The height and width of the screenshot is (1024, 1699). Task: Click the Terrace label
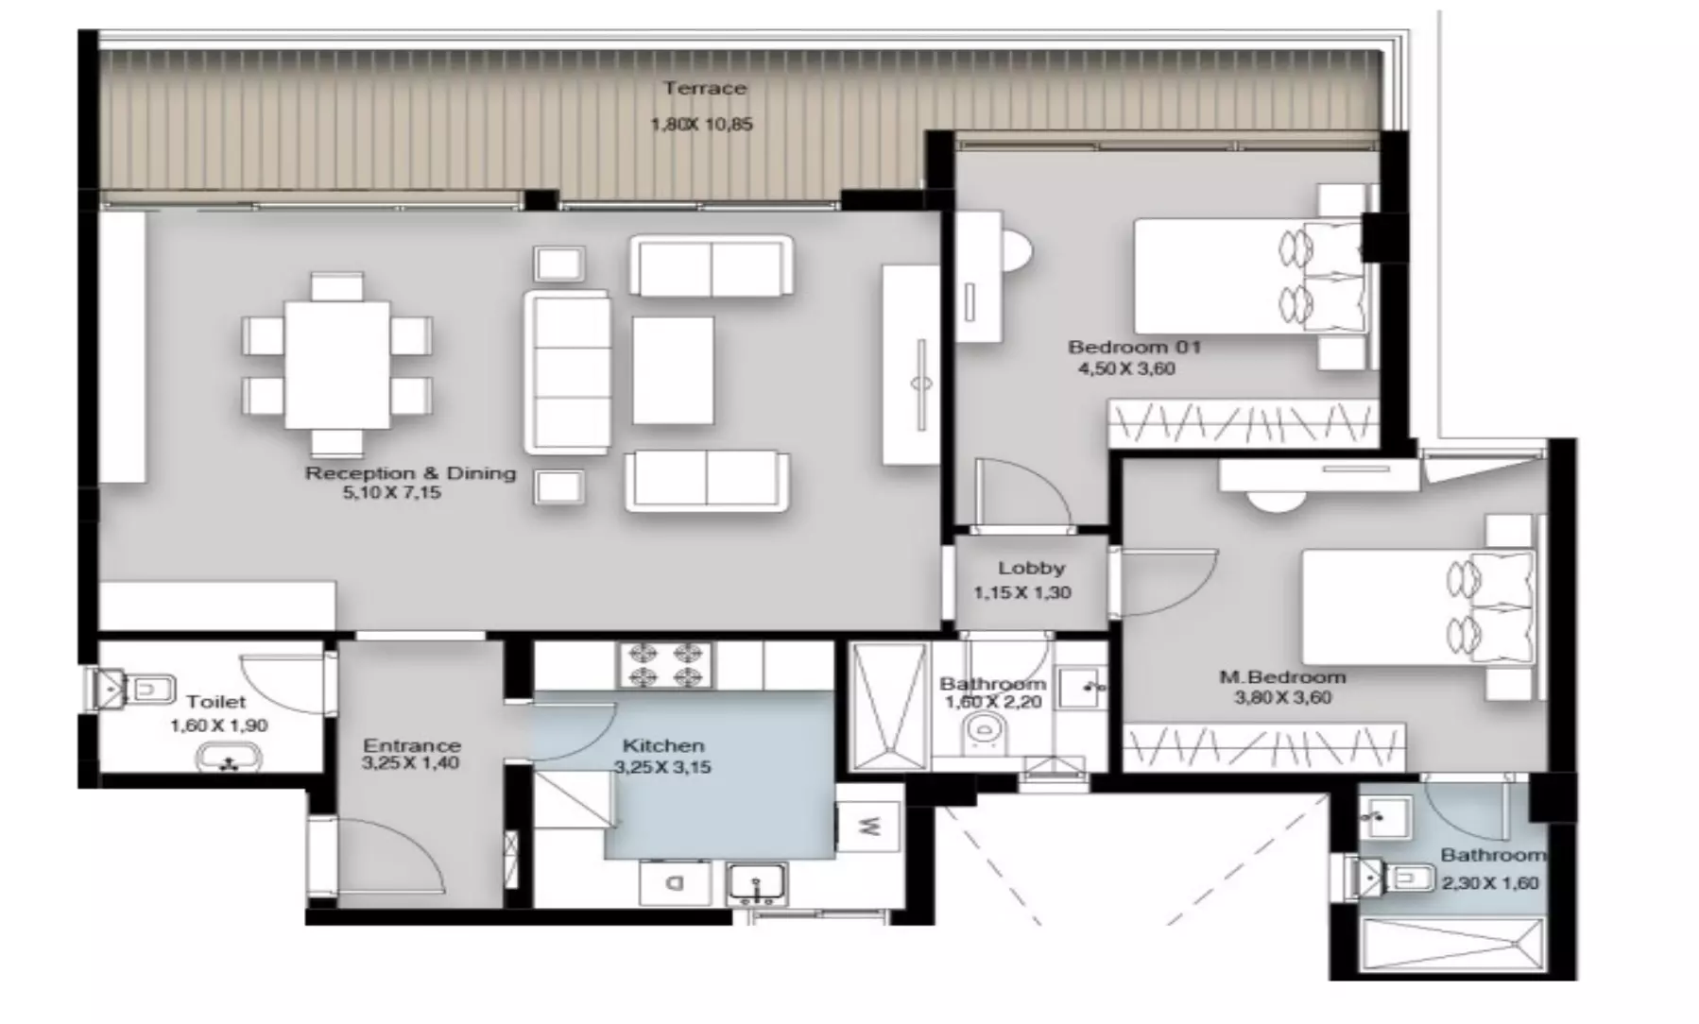pyautogui.click(x=705, y=88)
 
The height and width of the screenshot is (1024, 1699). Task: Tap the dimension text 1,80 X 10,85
pyautogui.click(x=702, y=124)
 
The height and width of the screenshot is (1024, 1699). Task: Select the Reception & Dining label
pyautogui.click(x=410, y=472)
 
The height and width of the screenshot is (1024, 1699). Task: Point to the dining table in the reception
pyautogui.click(x=337, y=365)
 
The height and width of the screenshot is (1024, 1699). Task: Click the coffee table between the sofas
pyautogui.click(x=673, y=370)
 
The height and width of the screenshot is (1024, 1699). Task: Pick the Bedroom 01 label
pyautogui.click(x=1134, y=347)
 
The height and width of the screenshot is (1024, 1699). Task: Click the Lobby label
pyautogui.click(x=1031, y=568)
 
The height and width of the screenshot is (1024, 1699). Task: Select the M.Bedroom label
pyautogui.click(x=1282, y=676)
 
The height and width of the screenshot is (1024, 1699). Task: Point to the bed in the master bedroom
pyautogui.click(x=1417, y=607)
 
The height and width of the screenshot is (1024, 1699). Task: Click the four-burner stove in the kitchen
pyautogui.click(x=666, y=664)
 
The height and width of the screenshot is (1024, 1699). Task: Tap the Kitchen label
pyautogui.click(x=663, y=745)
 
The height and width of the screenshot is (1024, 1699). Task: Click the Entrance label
pyautogui.click(x=412, y=744)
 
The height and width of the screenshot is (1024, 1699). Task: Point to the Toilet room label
pyautogui.click(x=215, y=701)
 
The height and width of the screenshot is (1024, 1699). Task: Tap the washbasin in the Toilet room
pyautogui.click(x=228, y=759)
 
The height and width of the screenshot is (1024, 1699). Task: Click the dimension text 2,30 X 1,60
pyautogui.click(x=1490, y=883)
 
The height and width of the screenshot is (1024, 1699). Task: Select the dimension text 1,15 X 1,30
pyautogui.click(x=1022, y=592)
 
